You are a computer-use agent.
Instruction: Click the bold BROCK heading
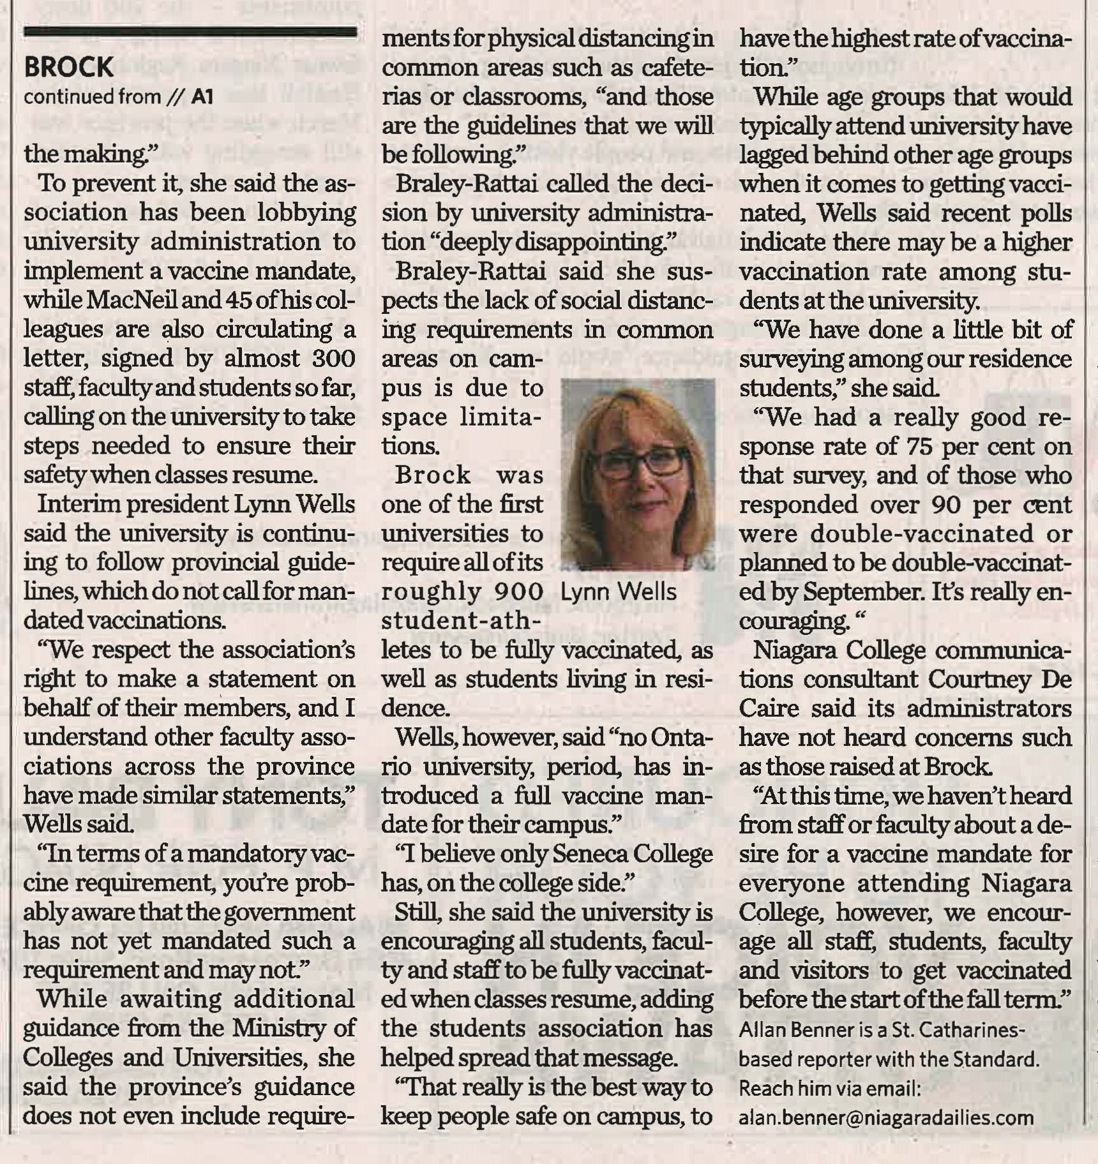68,68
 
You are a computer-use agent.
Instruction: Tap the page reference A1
200,97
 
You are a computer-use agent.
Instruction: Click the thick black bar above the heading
190,33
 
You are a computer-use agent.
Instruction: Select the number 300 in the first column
333,359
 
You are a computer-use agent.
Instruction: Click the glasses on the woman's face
638,461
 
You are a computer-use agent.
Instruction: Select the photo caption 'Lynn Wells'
618,592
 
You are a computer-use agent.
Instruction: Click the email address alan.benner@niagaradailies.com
886,1117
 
